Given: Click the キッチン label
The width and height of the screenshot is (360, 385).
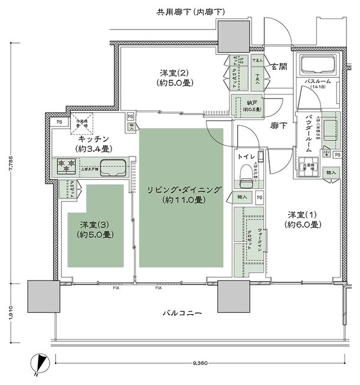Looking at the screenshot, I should pyautogui.click(x=86, y=143).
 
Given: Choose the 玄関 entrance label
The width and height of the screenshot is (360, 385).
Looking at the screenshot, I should pyautogui.click(x=279, y=67).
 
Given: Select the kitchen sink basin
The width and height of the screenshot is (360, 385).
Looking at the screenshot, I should pyautogui.click(x=113, y=168).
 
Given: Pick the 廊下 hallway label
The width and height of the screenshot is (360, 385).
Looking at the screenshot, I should pyautogui.click(x=279, y=126).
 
